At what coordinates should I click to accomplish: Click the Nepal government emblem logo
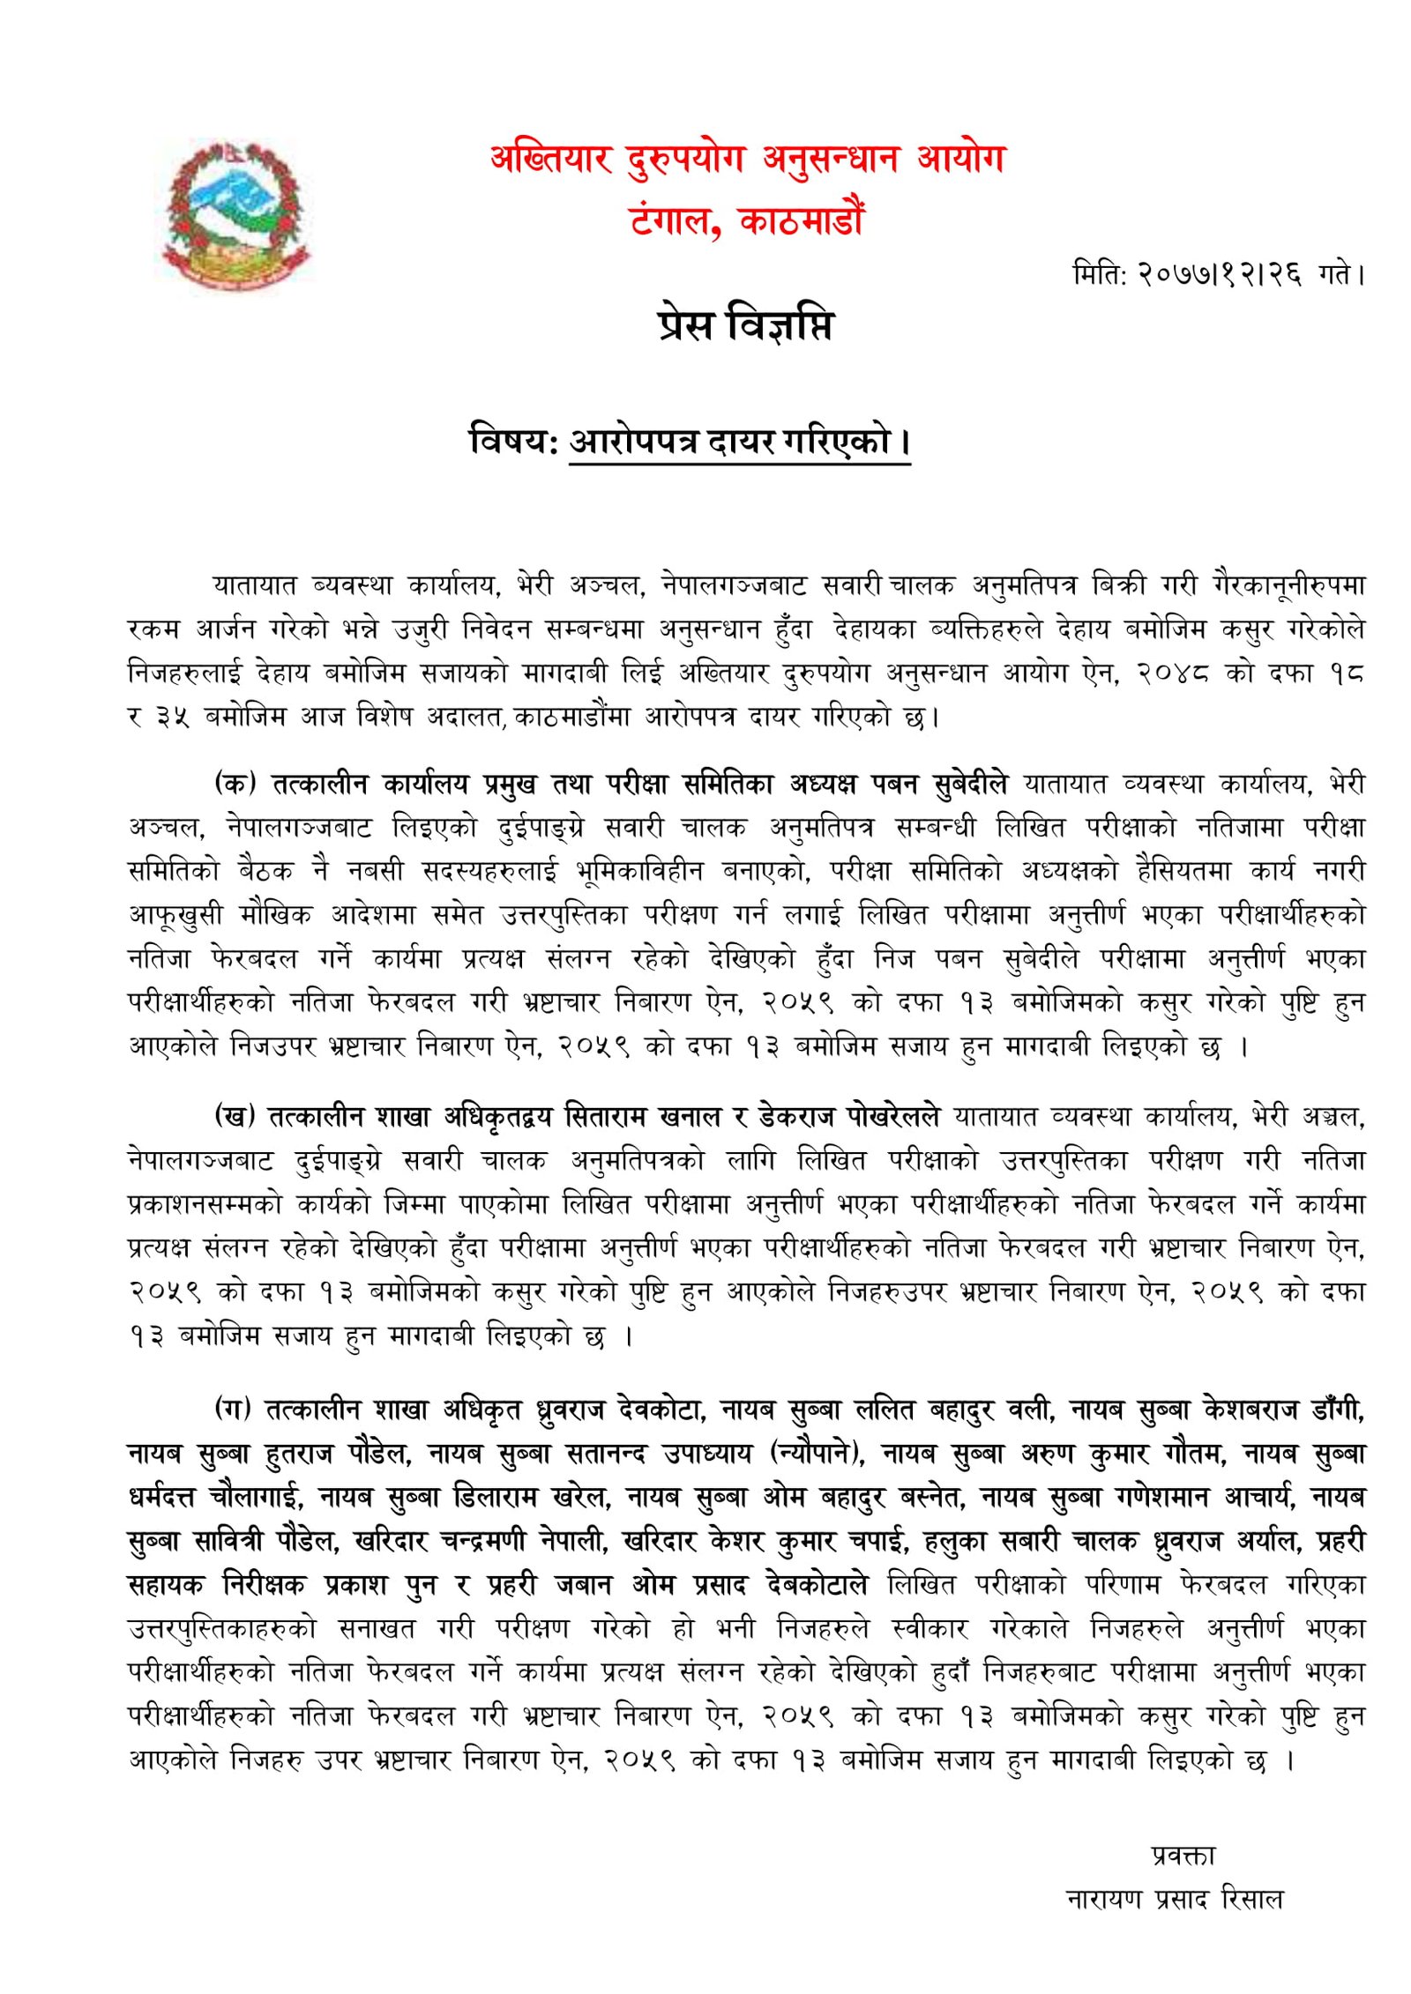tap(236, 214)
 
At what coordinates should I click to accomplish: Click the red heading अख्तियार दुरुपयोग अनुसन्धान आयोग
tap(747, 160)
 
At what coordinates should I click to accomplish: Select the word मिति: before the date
tap(1100, 274)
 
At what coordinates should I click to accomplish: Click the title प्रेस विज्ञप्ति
tap(745, 324)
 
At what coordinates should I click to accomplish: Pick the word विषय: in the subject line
tap(513, 440)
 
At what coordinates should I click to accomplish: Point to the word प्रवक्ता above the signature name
tap(1182, 1856)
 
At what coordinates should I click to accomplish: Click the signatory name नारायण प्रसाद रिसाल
tap(1175, 1899)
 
